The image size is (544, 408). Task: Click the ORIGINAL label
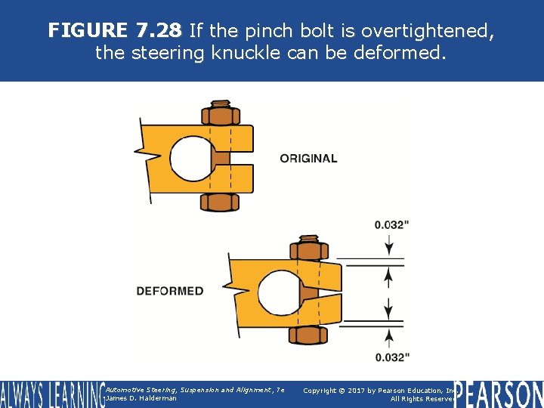pyautogui.click(x=308, y=158)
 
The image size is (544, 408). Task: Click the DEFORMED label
pyautogui.click(x=170, y=291)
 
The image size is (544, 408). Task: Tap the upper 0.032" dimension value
pyautogui.click(x=392, y=224)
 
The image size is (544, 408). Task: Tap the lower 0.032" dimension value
pyautogui.click(x=392, y=357)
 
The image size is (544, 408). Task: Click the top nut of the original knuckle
pyautogui.click(x=221, y=116)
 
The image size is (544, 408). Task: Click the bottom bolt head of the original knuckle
pyautogui.click(x=221, y=202)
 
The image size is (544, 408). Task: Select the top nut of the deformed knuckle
pyautogui.click(x=308, y=249)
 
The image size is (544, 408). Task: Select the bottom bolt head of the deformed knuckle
pyautogui.click(x=308, y=334)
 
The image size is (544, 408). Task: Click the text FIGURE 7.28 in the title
pyautogui.click(x=114, y=30)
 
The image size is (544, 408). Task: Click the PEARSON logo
pyautogui.click(x=499, y=394)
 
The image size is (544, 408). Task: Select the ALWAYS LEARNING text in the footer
pyautogui.click(x=51, y=394)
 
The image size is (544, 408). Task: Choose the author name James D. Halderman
pyautogui.click(x=141, y=398)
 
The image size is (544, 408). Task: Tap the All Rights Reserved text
pyautogui.click(x=421, y=399)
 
